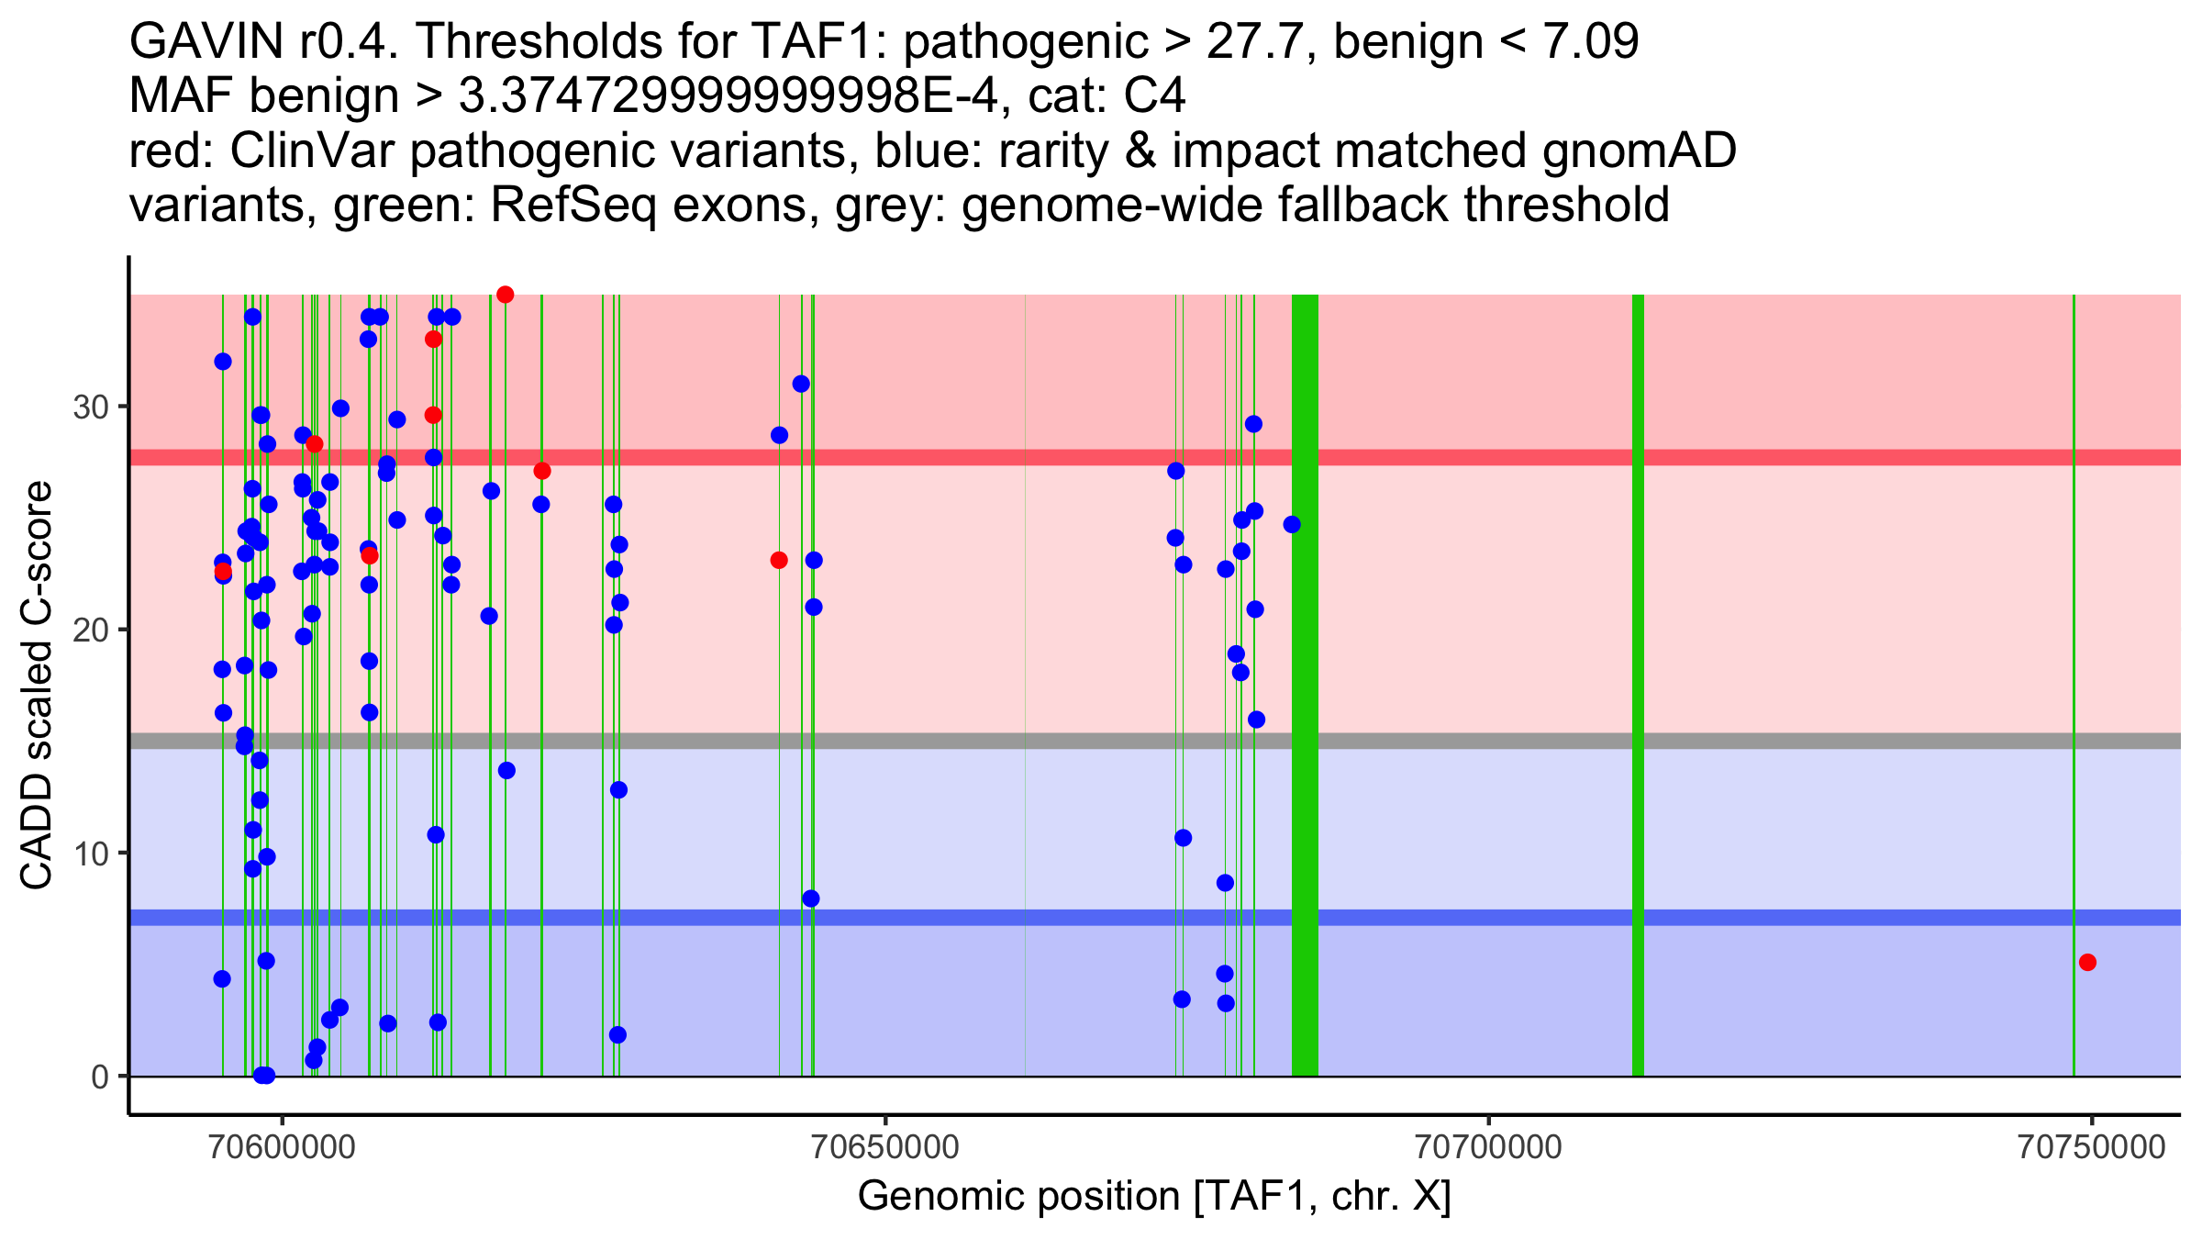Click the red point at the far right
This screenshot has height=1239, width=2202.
pyautogui.click(x=2087, y=962)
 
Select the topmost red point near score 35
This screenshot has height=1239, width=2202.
pyautogui.click(x=505, y=295)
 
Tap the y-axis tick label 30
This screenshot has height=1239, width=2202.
pyautogui.click(x=91, y=407)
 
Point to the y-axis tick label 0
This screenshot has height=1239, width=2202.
pyautogui.click(x=100, y=1077)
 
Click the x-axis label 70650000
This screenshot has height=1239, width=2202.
pyautogui.click(x=885, y=1147)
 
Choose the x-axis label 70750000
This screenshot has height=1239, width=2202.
pyautogui.click(x=2091, y=1147)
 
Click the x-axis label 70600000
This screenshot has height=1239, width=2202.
pyautogui.click(x=283, y=1147)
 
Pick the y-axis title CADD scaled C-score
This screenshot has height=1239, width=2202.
pyautogui.click(x=37, y=686)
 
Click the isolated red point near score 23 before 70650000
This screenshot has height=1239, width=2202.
pyautogui.click(x=779, y=560)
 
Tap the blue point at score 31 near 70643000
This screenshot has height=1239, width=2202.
pyautogui.click(x=801, y=384)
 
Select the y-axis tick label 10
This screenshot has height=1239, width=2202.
pyautogui.click(x=91, y=854)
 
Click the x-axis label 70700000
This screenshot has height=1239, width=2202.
pyautogui.click(x=1488, y=1147)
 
